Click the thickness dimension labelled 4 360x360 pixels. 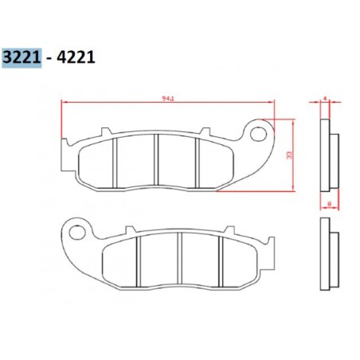point(325,99)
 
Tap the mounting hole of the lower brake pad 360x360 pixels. point(77,232)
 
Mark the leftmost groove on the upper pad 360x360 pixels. point(116,161)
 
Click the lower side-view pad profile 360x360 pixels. point(328,255)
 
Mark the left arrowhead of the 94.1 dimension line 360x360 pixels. point(65,103)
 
